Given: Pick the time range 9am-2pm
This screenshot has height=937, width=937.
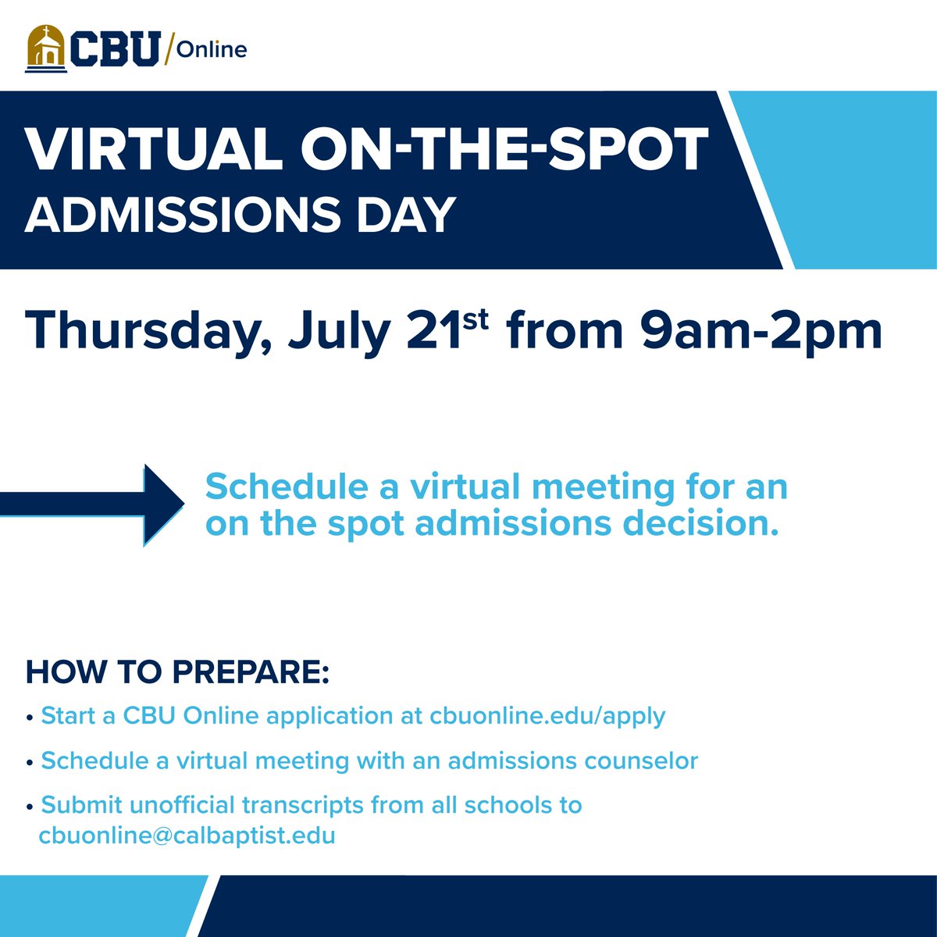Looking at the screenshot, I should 761,332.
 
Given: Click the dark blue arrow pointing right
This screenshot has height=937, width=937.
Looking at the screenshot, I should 94,504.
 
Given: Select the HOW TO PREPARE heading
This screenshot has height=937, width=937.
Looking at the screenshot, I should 178,672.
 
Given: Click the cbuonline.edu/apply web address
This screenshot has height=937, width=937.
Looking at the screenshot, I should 547,716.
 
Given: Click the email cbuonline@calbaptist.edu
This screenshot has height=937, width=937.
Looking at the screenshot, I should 187,836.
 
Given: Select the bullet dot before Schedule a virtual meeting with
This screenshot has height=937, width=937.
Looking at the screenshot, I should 30,762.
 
